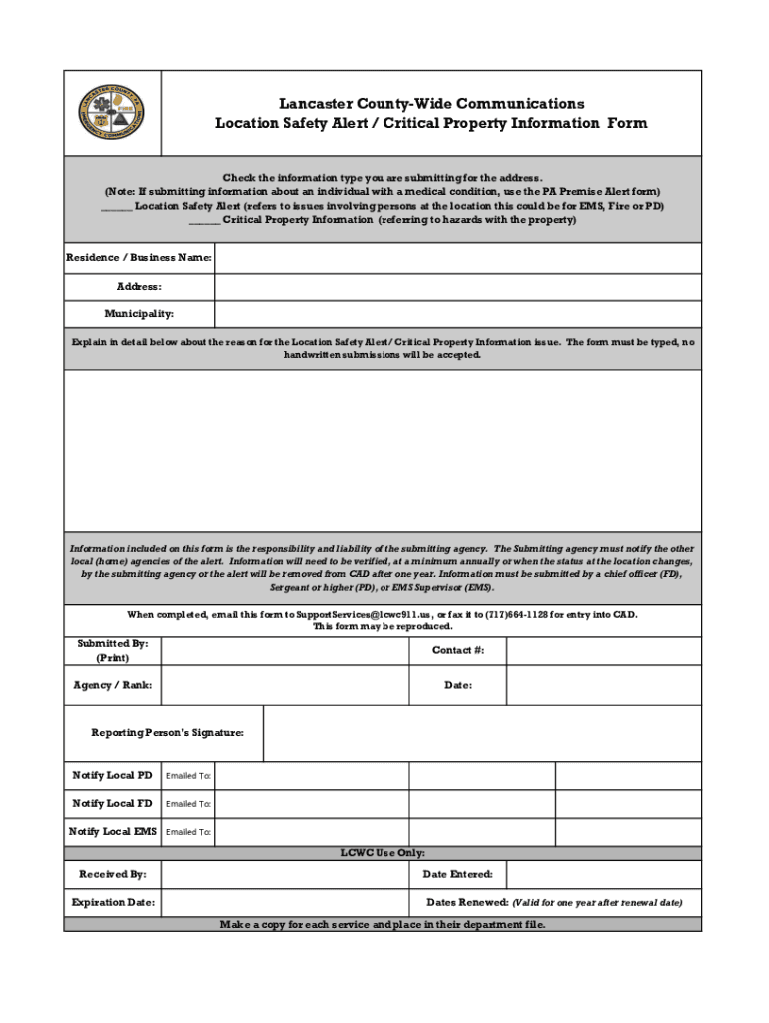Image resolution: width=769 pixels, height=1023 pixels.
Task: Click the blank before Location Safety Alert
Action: point(117,206)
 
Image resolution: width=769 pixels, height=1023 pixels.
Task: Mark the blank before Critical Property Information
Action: point(205,220)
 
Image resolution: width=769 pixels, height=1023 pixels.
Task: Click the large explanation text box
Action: point(384,451)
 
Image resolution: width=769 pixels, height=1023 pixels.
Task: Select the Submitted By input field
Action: point(285,651)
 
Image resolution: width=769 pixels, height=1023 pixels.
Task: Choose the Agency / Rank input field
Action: point(285,685)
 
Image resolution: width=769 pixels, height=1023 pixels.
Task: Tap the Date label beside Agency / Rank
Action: point(458,685)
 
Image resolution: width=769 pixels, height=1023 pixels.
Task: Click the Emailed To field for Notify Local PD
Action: point(311,776)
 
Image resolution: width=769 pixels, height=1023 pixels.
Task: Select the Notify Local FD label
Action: point(112,804)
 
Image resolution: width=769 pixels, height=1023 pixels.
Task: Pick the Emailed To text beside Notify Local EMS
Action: point(188,832)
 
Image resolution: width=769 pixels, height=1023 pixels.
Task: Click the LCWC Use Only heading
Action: point(384,853)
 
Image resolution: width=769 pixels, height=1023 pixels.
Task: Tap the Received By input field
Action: point(285,875)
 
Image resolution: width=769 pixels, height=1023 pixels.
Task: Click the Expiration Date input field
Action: point(285,903)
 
